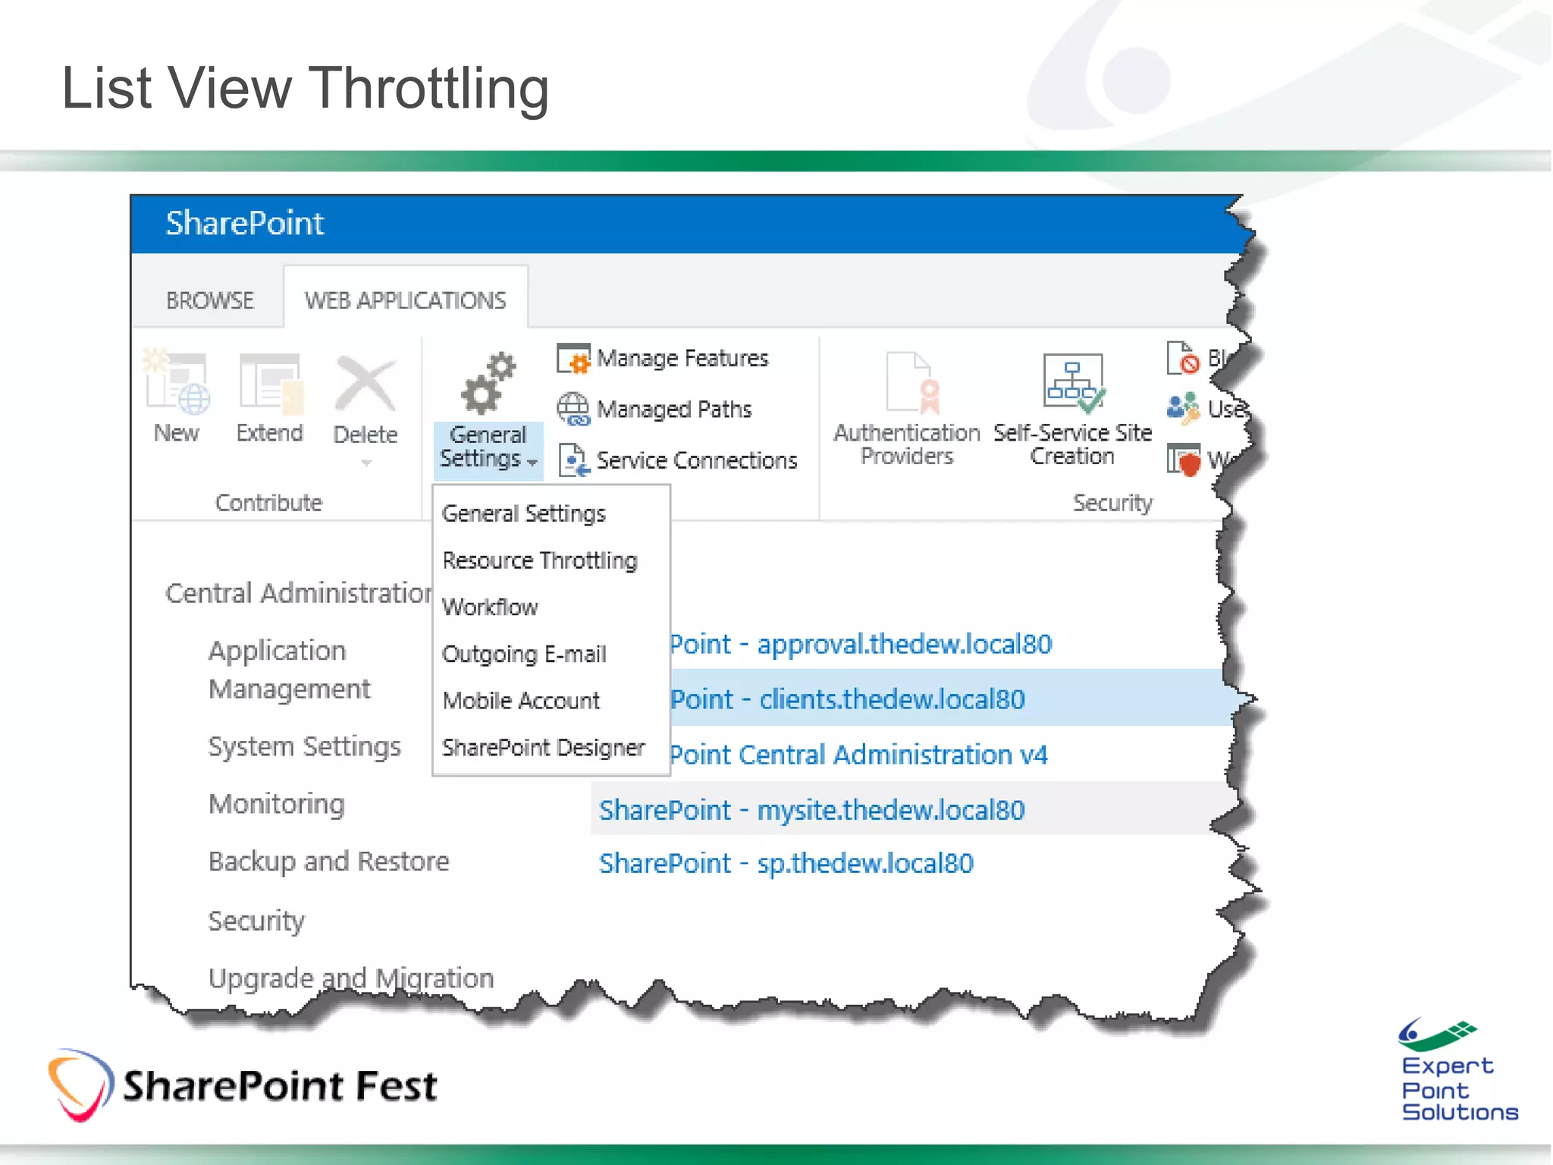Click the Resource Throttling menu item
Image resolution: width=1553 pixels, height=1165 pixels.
pos(539,561)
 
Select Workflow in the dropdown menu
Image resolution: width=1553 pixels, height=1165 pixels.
pos(490,607)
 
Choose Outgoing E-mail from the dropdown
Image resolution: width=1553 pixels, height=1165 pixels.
pos(524,654)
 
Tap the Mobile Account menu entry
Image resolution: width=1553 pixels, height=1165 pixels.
pos(521,701)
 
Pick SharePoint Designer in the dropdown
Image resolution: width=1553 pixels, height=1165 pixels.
pos(543,748)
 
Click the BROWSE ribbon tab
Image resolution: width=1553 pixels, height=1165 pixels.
pos(209,300)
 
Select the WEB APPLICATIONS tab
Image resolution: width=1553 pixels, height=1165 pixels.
pos(405,300)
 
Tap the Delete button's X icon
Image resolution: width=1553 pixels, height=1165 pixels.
pos(366,385)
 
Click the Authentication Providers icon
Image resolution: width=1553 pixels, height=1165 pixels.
pos(908,383)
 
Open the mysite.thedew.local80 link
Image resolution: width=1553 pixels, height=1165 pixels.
pos(811,810)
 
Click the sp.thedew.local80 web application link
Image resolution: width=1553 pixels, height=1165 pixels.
pos(786,863)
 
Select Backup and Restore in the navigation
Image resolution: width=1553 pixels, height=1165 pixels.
pos(328,862)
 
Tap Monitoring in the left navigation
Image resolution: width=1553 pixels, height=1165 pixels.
pos(277,804)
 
